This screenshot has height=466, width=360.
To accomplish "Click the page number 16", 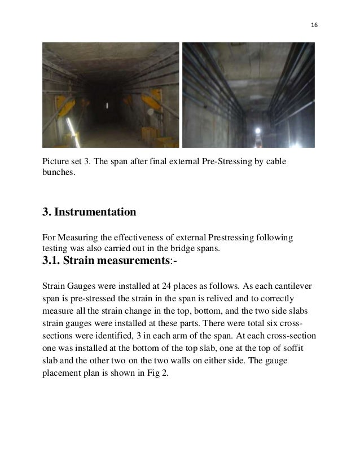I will (x=314, y=25).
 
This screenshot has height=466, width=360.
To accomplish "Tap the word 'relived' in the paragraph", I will (x=205, y=298).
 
